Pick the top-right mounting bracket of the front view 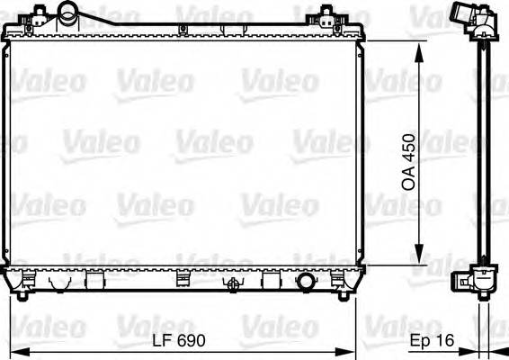pyautogui.click(x=328, y=19)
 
